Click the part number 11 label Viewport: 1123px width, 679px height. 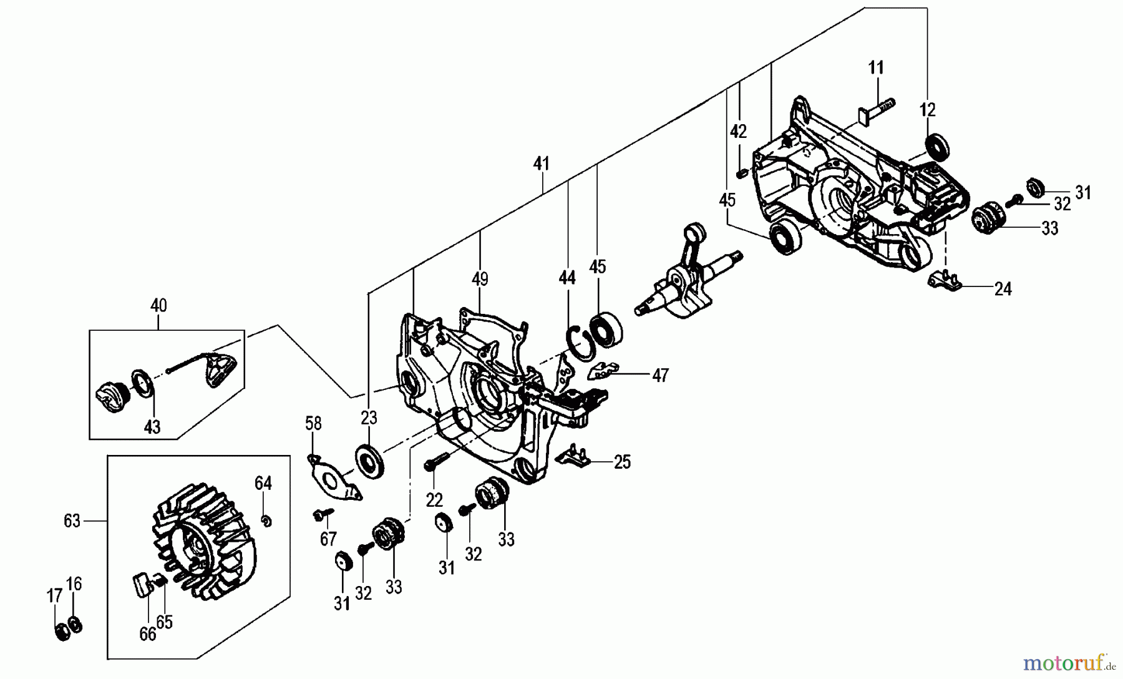tap(877, 68)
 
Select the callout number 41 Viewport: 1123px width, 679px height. tap(542, 164)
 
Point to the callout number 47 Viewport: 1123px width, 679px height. tap(659, 375)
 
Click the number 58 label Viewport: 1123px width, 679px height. tap(313, 424)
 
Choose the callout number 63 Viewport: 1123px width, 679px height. tap(72, 520)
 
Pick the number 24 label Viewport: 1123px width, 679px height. tap(1003, 289)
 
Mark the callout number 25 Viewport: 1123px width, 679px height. tap(622, 462)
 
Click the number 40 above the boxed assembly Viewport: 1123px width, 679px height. tap(158, 306)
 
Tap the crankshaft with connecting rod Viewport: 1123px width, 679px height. tap(686, 275)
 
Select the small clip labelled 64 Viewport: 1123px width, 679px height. tap(266, 520)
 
